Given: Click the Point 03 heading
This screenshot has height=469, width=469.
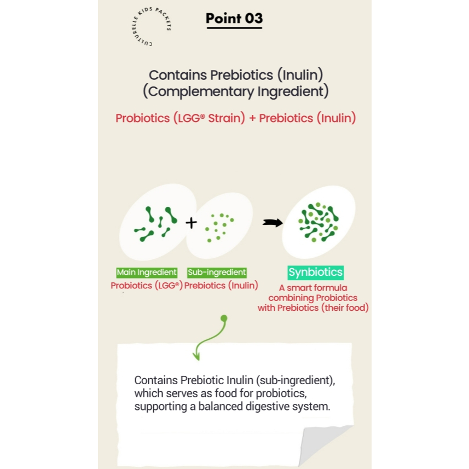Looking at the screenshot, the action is [x=234, y=19].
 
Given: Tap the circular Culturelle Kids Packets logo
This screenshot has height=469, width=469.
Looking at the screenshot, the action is [x=152, y=27].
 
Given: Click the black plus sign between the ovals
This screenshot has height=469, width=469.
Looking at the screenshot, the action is [x=191, y=223].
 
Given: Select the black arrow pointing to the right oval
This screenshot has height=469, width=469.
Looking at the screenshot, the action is [x=273, y=223].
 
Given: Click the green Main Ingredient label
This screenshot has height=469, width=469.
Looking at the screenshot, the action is [x=147, y=272].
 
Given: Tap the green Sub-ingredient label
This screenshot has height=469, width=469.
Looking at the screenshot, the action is [x=217, y=272].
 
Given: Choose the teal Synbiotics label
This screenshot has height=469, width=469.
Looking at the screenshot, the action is [x=316, y=272].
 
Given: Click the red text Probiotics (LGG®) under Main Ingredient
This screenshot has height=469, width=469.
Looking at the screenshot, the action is [x=147, y=286].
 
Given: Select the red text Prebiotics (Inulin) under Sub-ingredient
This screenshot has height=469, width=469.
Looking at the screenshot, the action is [x=221, y=286].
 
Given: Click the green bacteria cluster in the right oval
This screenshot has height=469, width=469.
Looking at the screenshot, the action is [x=319, y=222].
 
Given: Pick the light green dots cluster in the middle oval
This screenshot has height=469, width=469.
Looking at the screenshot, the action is [x=219, y=227].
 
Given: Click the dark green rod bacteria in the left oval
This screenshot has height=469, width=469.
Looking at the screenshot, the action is [x=156, y=223].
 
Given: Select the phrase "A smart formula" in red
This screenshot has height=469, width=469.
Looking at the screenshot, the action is [x=313, y=288].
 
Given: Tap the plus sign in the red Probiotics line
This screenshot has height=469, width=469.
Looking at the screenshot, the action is [x=252, y=118].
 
